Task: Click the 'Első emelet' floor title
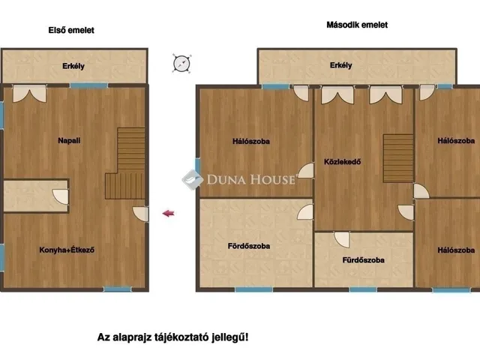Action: pos(71,30)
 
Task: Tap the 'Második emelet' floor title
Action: pos(357,25)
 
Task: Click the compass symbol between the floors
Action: pos(181,64)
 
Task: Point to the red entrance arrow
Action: pos(168,213)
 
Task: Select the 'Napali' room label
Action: pos(69,140)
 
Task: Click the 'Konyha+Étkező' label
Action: pos(67,250)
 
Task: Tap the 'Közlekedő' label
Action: pos(342,162)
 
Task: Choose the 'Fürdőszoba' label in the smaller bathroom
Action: pos(363,260)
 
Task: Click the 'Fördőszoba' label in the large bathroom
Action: pos(249,246)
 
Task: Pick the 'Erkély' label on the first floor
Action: pos(73,66)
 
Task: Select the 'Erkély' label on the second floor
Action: pos(341,65)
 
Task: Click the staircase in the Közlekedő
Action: pos(398,158)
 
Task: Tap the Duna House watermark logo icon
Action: pos(193,180)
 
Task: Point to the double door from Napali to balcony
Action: pos(30,93)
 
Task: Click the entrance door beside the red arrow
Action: pos(140,214)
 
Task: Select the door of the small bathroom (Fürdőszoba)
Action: pos(342,240)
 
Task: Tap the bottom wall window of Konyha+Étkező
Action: pos(117,289)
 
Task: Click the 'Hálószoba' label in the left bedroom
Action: pos(251,141)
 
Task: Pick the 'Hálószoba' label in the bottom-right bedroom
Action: pos(456,250)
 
